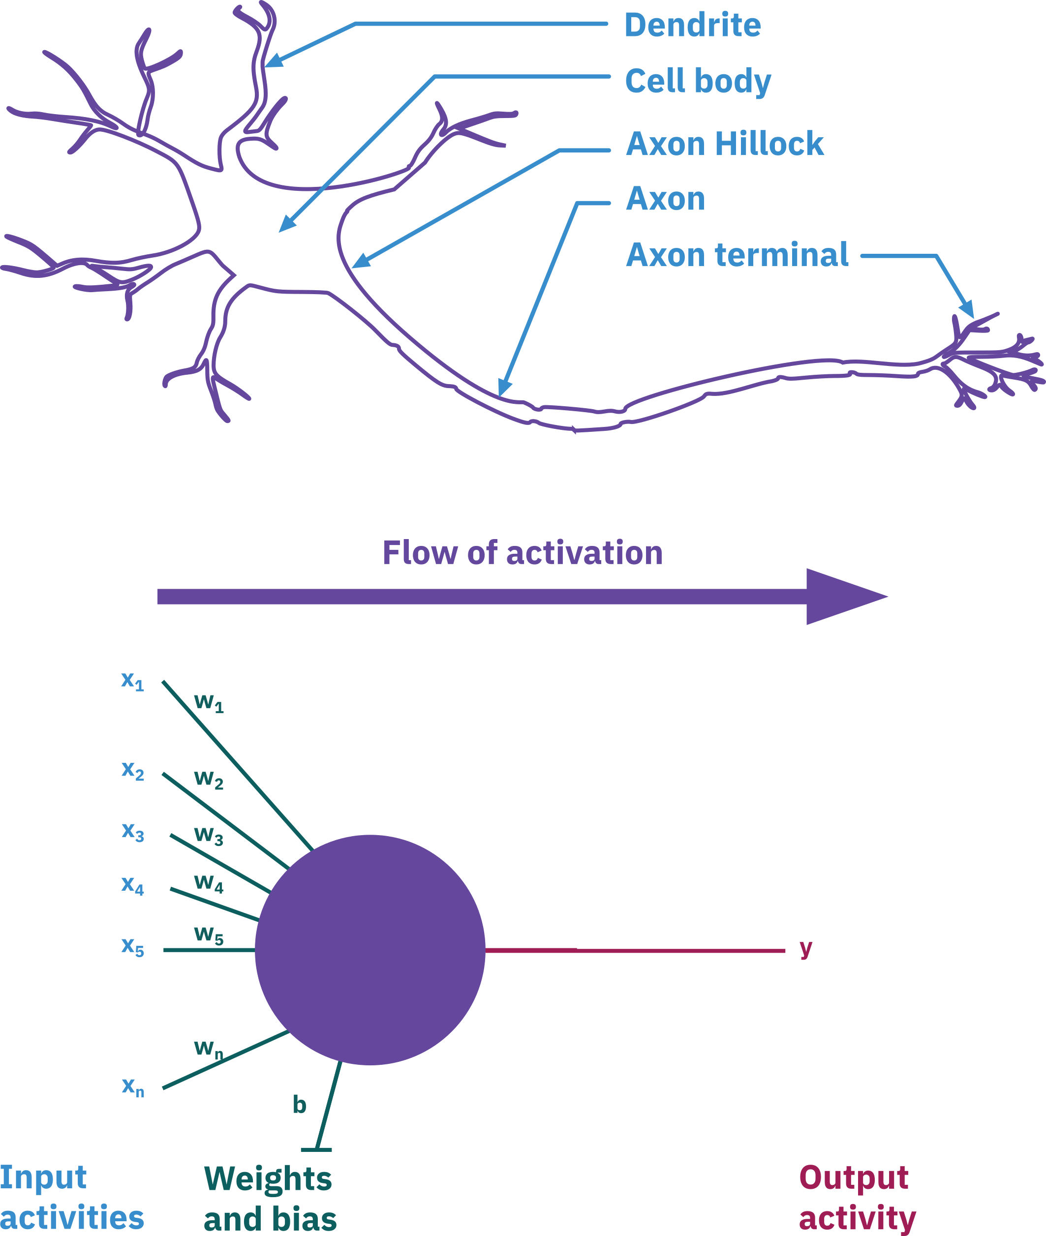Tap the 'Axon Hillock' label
tap(724, 144)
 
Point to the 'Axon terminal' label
tap(737, 255)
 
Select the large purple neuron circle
tap(369, 950)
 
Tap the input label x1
tap(132, 681)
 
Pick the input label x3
tap(132, 832)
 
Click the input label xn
tap(132, 1086)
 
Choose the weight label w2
tap(208, 779)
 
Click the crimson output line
tap(635, 950)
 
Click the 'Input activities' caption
tap(71, 1198)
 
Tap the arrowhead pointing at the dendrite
tap(274, 60)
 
